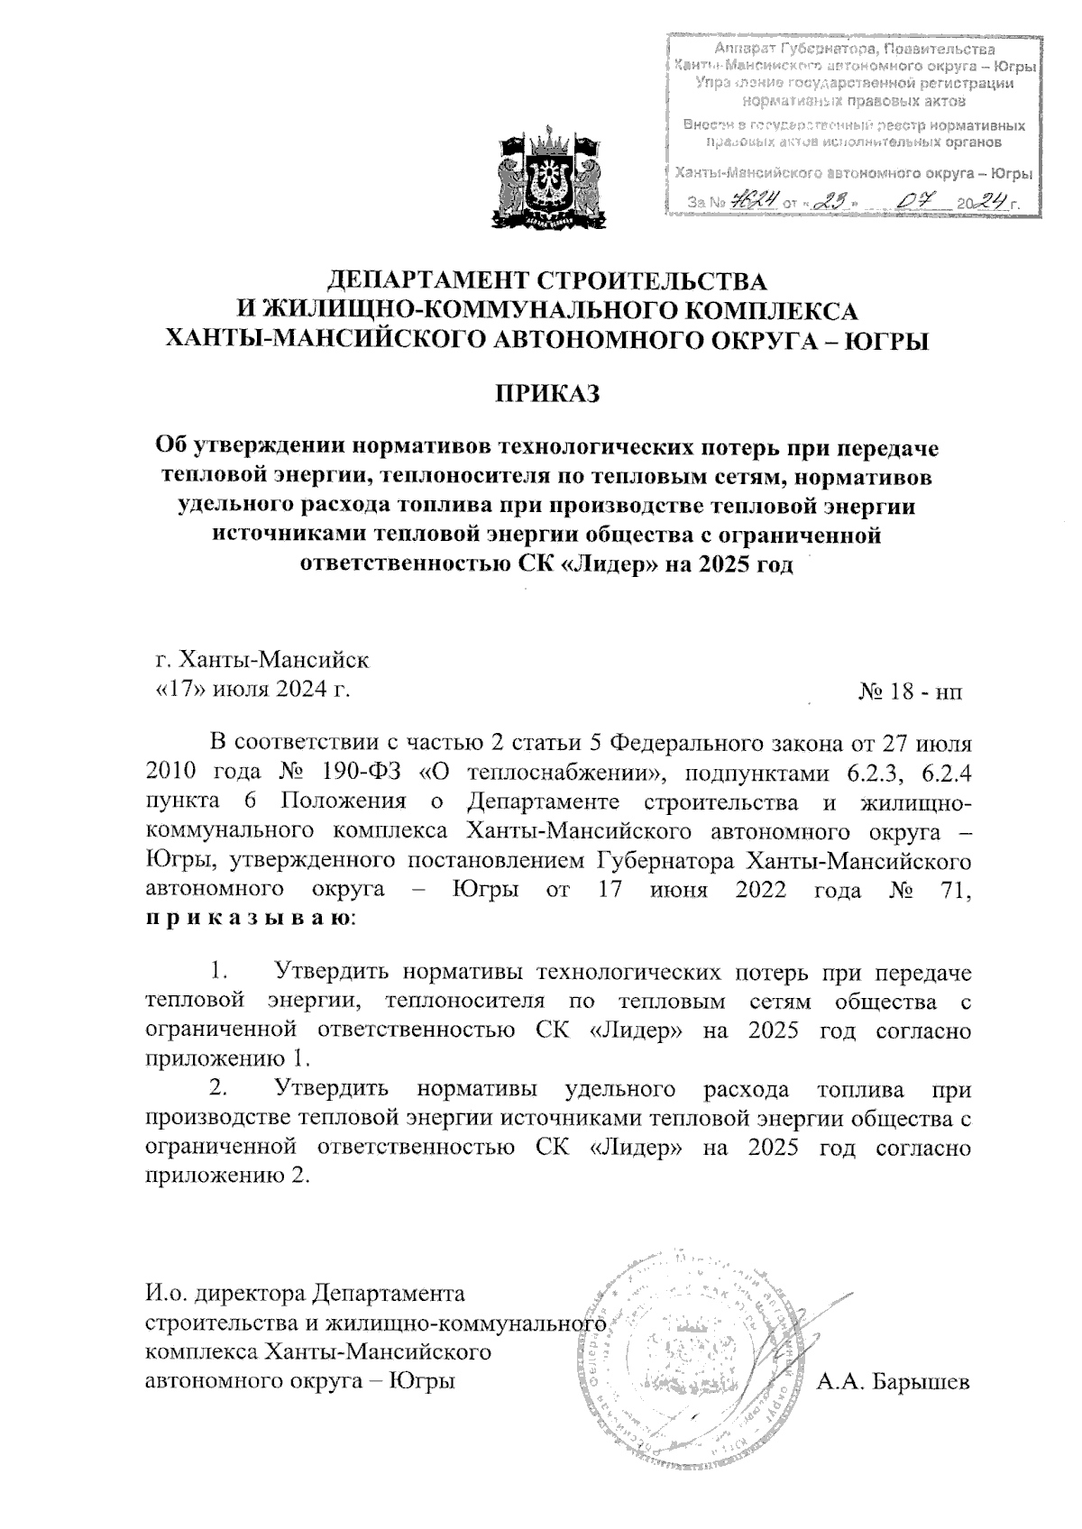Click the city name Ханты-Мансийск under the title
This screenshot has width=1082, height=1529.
[x=274, y=659]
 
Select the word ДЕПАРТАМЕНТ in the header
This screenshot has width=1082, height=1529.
[x=422, y=281]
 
